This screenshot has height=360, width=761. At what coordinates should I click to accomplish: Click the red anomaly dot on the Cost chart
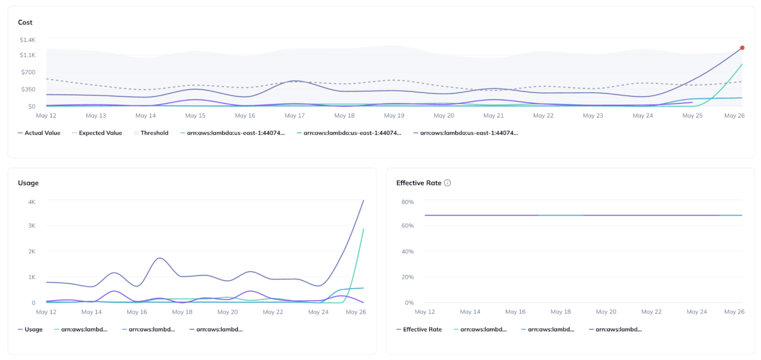742,48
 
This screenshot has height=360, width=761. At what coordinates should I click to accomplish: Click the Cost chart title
25,22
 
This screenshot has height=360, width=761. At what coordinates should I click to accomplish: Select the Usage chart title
28,183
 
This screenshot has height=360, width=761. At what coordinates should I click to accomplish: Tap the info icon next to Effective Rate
447,183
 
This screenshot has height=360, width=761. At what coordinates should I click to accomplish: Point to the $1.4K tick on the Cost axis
28,40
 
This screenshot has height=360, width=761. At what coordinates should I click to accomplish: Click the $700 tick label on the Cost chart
28,72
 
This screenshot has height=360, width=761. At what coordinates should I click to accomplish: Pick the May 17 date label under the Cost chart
294,115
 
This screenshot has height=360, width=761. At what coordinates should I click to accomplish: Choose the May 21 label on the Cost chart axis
493,115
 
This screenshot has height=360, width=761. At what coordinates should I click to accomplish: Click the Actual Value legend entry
42,133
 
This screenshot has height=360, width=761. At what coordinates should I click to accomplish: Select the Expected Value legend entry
100,133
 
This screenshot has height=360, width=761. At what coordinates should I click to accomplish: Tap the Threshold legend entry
154,133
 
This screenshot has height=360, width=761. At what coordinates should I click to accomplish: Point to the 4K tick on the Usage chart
32,202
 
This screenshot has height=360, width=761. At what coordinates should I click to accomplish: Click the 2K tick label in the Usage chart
32,252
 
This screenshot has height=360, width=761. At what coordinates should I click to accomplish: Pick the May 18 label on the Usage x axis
182,312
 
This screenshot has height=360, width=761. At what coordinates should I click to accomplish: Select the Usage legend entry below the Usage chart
33,329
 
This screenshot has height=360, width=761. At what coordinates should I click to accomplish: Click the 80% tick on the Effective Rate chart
407,202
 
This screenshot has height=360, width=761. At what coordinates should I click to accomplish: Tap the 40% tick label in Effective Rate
407,252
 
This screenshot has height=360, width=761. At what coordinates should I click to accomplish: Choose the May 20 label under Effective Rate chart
606,312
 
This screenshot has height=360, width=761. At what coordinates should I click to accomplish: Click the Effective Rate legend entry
422,329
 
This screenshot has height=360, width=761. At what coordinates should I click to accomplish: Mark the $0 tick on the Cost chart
32,107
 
